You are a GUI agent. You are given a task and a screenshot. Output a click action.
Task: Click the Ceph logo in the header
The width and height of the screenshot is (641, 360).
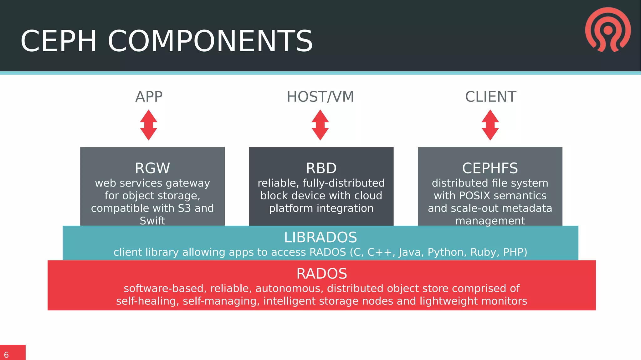[608, 30]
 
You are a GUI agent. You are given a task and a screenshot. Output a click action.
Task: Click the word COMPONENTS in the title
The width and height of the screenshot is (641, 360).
[210, 41]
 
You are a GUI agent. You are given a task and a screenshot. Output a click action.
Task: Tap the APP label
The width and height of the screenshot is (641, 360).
[149, 97]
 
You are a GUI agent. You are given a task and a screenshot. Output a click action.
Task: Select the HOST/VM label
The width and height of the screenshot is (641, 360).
[320, 97]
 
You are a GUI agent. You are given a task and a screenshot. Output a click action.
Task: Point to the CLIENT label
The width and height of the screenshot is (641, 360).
[490, 97]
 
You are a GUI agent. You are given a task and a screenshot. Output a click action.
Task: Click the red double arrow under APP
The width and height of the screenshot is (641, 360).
[149, 125]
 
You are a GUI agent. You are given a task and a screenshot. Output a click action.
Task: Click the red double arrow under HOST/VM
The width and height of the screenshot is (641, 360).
[320, 125]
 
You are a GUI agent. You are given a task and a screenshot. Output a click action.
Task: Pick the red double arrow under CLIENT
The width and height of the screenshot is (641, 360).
[490, 125]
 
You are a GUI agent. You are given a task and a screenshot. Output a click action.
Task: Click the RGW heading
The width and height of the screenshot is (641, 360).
[152, 168]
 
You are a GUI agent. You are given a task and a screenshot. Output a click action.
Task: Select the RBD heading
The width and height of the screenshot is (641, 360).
[321, 168]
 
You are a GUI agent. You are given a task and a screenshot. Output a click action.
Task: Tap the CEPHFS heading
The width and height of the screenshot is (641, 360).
[490, 168]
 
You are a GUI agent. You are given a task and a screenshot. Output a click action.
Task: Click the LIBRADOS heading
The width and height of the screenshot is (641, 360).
[320, 237]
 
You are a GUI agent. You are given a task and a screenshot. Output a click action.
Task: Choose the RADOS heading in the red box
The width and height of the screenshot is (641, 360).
[321, 274]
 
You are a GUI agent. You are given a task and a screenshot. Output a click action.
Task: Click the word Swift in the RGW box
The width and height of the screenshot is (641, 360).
[152, 221]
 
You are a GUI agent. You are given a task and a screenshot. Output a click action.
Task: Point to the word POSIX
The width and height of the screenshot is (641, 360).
[474, 196]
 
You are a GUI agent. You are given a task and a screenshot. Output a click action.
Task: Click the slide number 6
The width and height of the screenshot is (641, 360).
[6, 355]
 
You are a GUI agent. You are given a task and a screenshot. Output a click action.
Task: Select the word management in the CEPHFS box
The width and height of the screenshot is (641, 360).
[490, 221]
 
